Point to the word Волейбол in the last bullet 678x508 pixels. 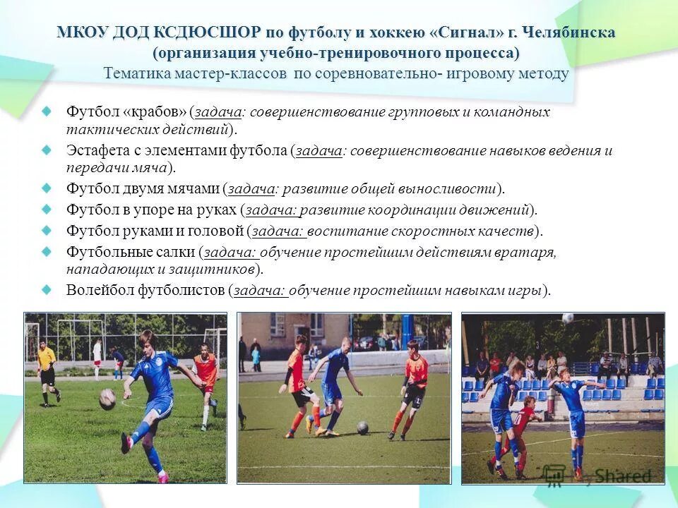[97, 290]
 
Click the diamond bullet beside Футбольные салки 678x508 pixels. [47, 250]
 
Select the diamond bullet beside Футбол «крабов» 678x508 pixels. [47, 111]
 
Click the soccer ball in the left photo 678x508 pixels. [107, 399]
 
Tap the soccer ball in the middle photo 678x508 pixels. [362, 427]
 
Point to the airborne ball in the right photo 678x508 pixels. [568, 318]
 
